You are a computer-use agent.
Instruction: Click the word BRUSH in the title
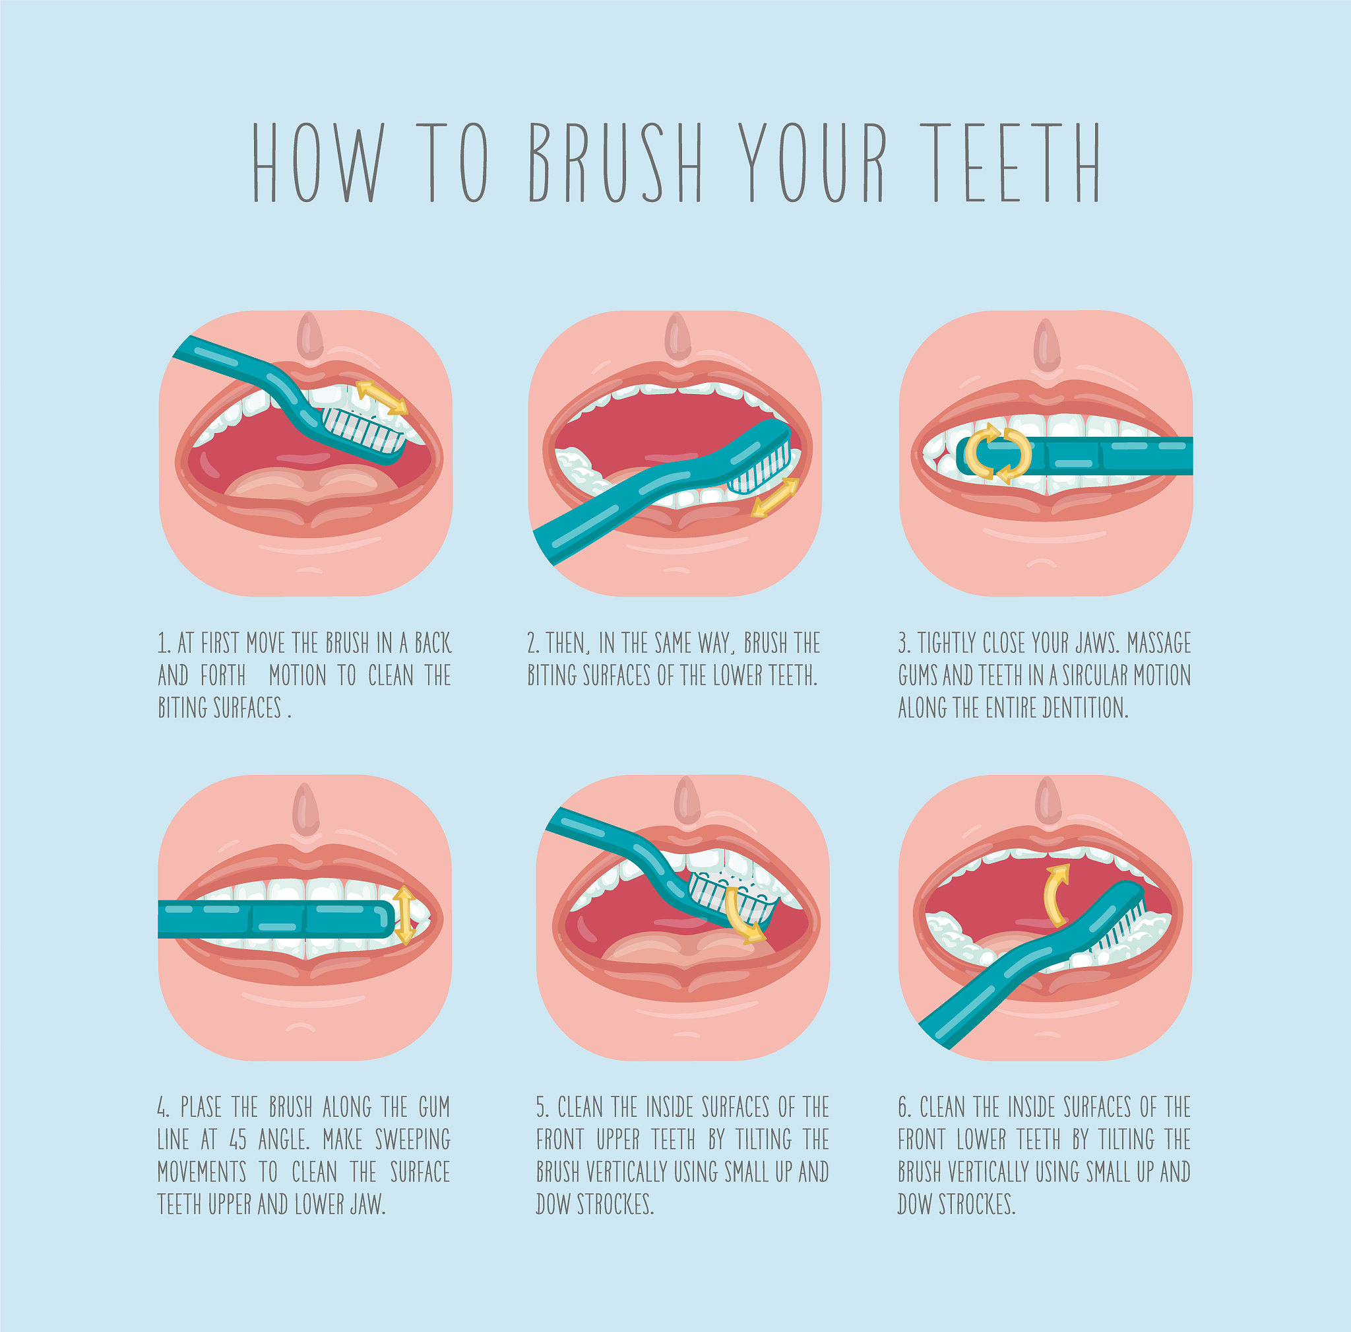tap(615, 162)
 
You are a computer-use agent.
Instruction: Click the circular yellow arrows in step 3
tap(998, 453)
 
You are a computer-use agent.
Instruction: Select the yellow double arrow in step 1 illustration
tap(381, 398)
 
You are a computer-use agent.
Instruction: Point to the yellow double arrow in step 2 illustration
tap(775, 498)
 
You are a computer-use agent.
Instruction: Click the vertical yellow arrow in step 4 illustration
tap(403, 916)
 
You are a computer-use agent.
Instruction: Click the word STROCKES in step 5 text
tap(615, 1205)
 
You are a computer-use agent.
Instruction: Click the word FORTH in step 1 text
tap(223, 675)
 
